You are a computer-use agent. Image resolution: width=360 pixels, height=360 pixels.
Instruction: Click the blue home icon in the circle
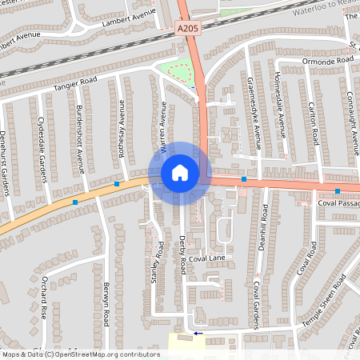179,172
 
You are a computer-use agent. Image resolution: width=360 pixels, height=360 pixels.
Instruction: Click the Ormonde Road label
328,61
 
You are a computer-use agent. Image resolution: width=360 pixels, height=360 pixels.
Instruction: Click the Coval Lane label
210,258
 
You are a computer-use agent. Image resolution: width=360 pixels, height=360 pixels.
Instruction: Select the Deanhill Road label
264,228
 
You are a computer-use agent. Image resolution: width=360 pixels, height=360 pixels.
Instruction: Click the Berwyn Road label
105,303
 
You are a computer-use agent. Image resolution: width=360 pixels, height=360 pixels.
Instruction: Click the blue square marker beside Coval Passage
338,191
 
